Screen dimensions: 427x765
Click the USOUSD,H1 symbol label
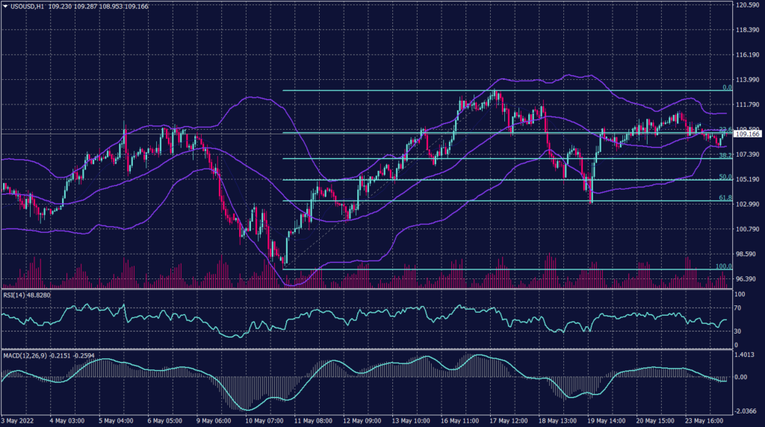[27, 5]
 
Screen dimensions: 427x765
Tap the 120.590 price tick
[748, 5]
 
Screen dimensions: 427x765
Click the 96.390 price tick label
[748, 278]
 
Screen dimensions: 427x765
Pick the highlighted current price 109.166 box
[748, 134]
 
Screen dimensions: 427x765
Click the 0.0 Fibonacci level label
[726, 87]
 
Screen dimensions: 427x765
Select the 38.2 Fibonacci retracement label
[724, 155]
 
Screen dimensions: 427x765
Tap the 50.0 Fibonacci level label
[724, 177]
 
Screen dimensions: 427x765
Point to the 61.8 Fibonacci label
[724, 198]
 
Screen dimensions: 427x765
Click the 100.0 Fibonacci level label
[722, 266]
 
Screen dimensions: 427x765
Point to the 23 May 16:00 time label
[704, 420]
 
